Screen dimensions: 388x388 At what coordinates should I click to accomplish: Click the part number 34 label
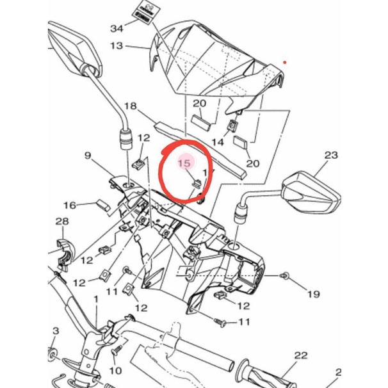coord(117,29)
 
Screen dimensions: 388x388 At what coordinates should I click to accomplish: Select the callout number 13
coord(117,46)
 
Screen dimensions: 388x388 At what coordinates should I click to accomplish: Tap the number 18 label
coord(131,106)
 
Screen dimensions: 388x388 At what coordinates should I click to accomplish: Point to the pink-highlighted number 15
coord(184,164)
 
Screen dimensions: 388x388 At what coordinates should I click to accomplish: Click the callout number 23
coord(330,156)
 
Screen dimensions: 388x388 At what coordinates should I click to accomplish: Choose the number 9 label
coord(88,156)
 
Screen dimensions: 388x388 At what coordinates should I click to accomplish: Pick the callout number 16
coord(69,205)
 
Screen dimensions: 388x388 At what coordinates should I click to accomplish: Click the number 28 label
coord(61,222)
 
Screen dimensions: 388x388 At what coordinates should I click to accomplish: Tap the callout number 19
coord(313,295)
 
